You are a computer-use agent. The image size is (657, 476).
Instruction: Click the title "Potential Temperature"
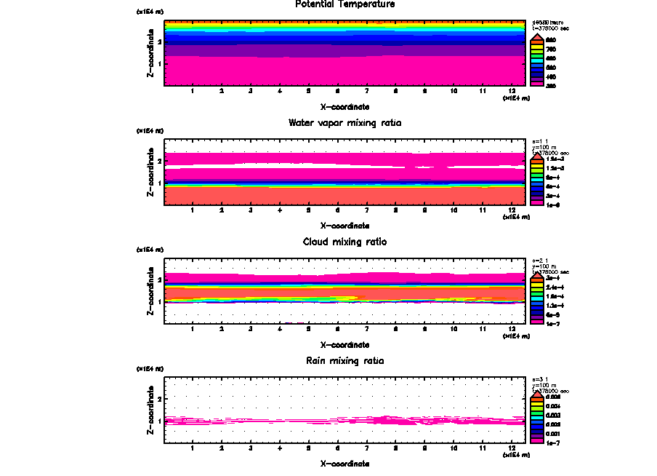point(345,4)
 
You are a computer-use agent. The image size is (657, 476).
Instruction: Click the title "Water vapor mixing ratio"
point(345,123)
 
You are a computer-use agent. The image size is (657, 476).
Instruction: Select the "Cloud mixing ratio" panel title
point(345,242)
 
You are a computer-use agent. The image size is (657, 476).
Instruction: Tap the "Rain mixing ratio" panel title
point(345,360)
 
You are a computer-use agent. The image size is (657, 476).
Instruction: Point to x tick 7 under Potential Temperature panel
point(366,92)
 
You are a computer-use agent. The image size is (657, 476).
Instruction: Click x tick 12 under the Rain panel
point(512,448)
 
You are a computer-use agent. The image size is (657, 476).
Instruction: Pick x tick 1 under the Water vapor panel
point(193,210)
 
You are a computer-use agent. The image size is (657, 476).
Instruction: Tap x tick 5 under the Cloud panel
point(308,329)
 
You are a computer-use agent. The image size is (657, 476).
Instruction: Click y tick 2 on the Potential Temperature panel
point(159,42)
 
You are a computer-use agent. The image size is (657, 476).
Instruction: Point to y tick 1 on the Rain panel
point(159,421)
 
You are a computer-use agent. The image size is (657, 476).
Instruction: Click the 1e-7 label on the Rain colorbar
point(553,443)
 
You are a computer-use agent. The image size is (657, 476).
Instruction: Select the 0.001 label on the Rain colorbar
point(553,434)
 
